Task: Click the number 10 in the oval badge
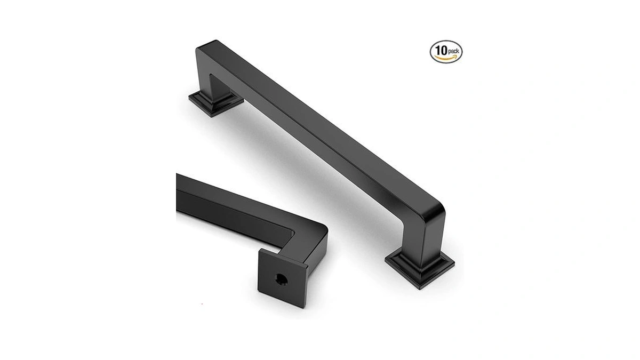tap(441, 50)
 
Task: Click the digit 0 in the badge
tap(444, 50)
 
